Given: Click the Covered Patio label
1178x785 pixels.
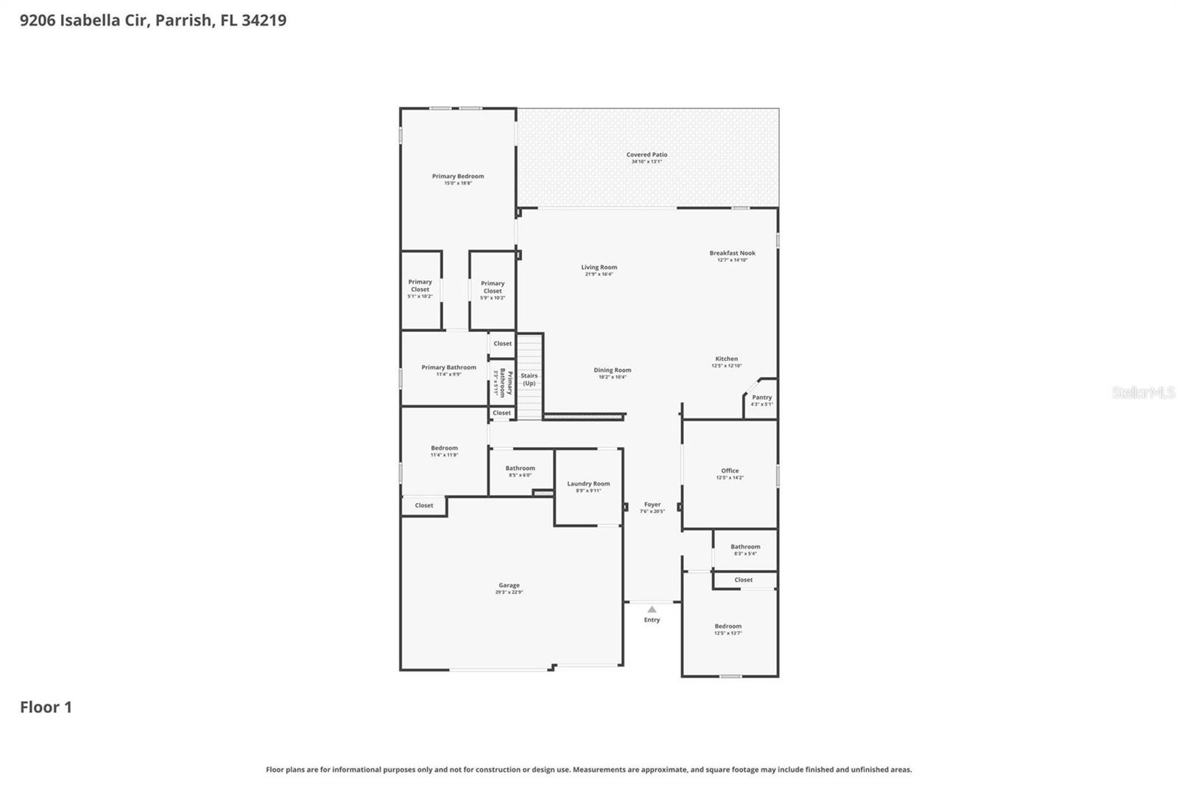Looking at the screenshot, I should (646, 155).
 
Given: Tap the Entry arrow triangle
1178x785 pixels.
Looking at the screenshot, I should (652, 609).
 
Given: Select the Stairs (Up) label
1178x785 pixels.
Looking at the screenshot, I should (529, 379).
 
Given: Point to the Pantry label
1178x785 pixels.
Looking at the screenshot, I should (761, 397).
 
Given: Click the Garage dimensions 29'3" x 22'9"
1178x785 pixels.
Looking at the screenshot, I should (509, 592).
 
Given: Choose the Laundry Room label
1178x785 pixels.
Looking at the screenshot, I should (588, 484).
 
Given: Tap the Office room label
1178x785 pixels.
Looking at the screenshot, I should (730, 471).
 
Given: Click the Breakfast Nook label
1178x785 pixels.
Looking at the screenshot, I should (732, 253).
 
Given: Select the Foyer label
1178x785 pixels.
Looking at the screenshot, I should (652, 504).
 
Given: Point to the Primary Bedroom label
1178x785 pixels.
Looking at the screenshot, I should (458, 176).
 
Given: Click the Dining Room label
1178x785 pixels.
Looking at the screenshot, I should (612, 370).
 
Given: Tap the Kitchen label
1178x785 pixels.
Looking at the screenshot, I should (726, 359).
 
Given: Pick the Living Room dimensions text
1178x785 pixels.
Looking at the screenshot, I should (599, 274).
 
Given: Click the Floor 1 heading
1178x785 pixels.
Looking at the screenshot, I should (46, 707).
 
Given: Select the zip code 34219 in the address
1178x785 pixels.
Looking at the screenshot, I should (264, 21).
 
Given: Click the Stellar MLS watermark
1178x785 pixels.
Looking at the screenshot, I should (1143, 392).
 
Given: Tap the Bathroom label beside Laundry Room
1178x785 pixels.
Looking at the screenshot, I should (520, 468).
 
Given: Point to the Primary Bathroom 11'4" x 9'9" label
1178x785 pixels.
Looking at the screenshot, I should (448, 367).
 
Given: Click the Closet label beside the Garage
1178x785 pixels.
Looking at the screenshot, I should (423, 505).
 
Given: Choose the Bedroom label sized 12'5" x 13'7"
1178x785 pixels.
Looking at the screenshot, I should (727, 626).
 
